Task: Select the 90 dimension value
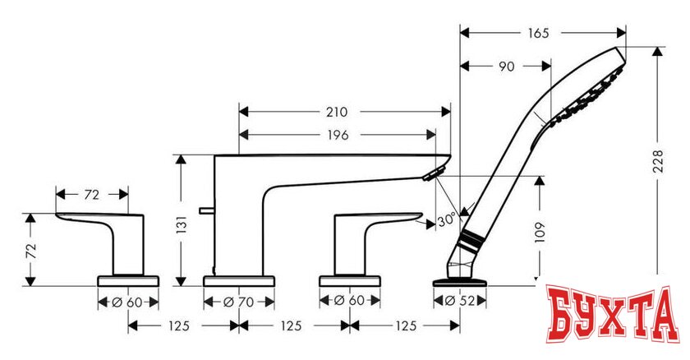[506, 67]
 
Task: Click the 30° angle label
[446, 220]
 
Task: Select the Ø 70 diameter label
[239, 302]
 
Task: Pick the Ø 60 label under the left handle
[127, 302]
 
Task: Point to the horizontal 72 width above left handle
[91, 195]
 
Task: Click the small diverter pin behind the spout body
[201, 214]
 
